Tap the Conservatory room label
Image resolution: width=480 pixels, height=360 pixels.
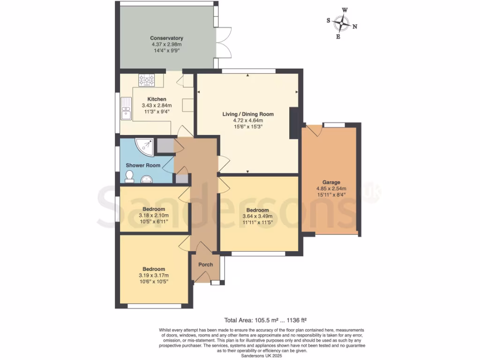click(166, 38)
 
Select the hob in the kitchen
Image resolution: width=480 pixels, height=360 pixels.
click(147, 80)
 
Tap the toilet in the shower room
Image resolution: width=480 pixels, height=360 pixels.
click(129, 177)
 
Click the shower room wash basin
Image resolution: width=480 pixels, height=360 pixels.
click(147, 179)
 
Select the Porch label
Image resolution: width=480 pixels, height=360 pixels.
click(205, 265)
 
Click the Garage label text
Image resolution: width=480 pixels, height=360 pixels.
click(331, 182)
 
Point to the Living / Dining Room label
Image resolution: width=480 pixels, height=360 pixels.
click(247, 114)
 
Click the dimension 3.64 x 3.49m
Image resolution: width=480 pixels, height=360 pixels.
click(257, 216)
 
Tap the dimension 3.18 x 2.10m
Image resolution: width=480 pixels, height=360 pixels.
click(153, 215)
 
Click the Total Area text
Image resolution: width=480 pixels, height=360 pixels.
click(265, 321)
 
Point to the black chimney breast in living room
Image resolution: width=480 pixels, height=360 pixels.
click(294, 123)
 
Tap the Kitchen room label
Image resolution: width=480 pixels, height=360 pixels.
click(157, 99)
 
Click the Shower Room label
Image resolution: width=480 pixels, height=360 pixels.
click(143, 165)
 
